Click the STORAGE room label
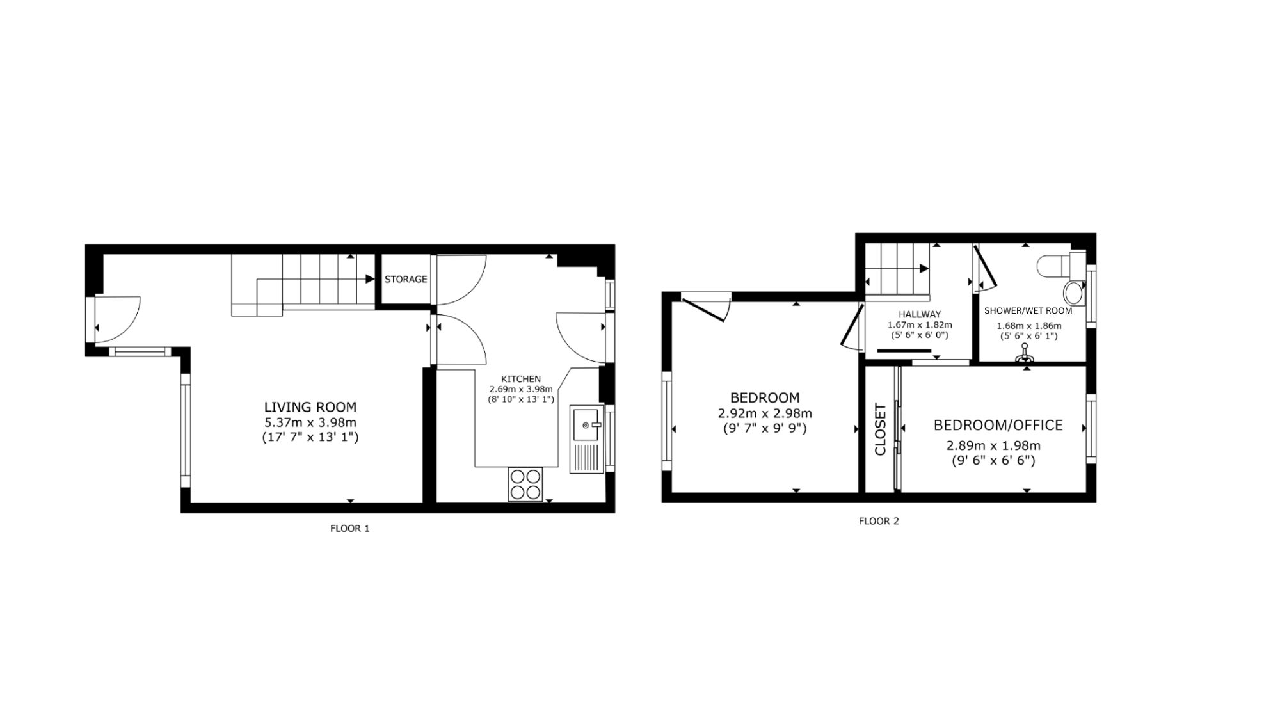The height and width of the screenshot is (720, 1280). (406, 279)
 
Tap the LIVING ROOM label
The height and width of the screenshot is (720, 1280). (310, 407)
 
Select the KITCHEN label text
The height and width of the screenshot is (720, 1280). (520, 379)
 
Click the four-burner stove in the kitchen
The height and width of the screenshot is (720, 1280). (525, 484)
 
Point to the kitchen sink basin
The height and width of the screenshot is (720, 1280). (586, 424)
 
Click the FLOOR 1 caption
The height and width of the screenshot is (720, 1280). (349, 529)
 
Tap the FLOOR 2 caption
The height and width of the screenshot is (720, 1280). (879, 521)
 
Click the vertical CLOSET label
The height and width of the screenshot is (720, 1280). (880, 429)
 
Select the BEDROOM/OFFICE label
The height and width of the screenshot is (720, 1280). (998, 426)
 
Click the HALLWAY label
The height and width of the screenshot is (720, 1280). (920, 314)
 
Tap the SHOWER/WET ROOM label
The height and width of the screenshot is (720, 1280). (1028, 311)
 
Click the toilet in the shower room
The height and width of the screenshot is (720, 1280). (1060, 264)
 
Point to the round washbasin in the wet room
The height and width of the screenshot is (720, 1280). (1074, 294)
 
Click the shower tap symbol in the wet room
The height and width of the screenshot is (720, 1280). (1025, 355)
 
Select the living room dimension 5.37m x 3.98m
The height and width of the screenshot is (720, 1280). (310, 422)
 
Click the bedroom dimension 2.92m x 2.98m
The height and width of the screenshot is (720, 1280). (765, 413)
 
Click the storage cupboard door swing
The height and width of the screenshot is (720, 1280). (461, 280)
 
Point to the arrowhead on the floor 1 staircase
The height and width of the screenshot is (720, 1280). (370, 279)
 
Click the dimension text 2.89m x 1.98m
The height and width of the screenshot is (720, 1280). (993, 445)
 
